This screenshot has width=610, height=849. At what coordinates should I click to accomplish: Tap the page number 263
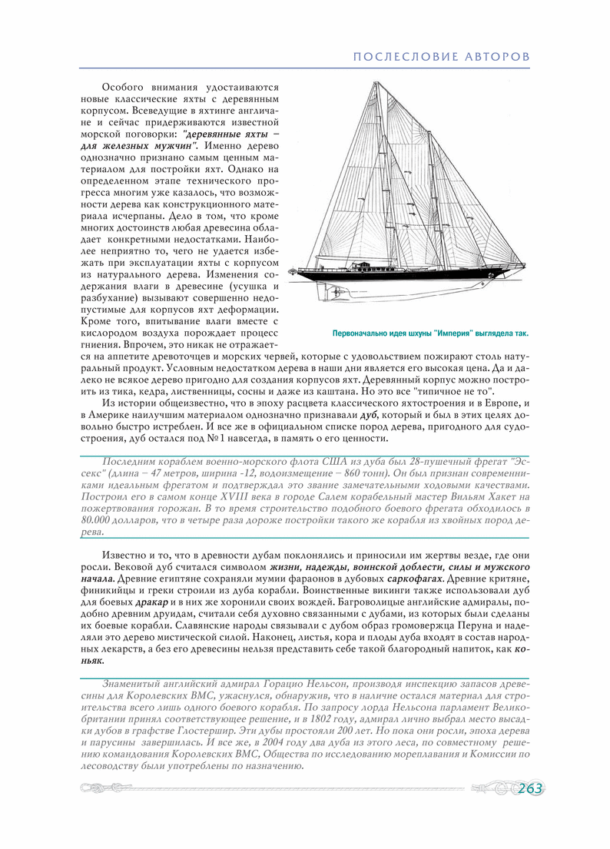[529, 788]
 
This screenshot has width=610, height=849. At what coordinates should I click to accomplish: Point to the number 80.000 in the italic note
[97, 520]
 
